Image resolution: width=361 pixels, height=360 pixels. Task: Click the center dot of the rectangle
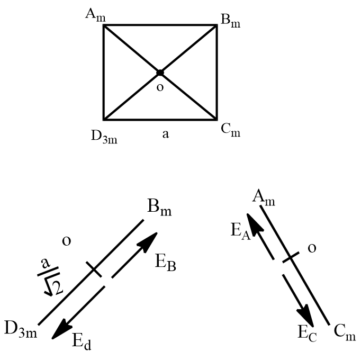pyautogui.click(x=160, y=73)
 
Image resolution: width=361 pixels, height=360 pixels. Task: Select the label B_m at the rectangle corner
pyautogui.click(x=229, y=22)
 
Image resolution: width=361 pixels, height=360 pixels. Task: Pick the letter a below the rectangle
pyautogui.click(x=165, y=134)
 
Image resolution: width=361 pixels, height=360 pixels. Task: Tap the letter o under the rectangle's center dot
pyautogui.click(x=160, y=87)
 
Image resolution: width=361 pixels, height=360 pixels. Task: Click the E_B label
pyautogui.click(x=166, y=260)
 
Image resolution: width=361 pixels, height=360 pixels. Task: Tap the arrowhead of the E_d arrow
pyautogui.click(x=59, y=333)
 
